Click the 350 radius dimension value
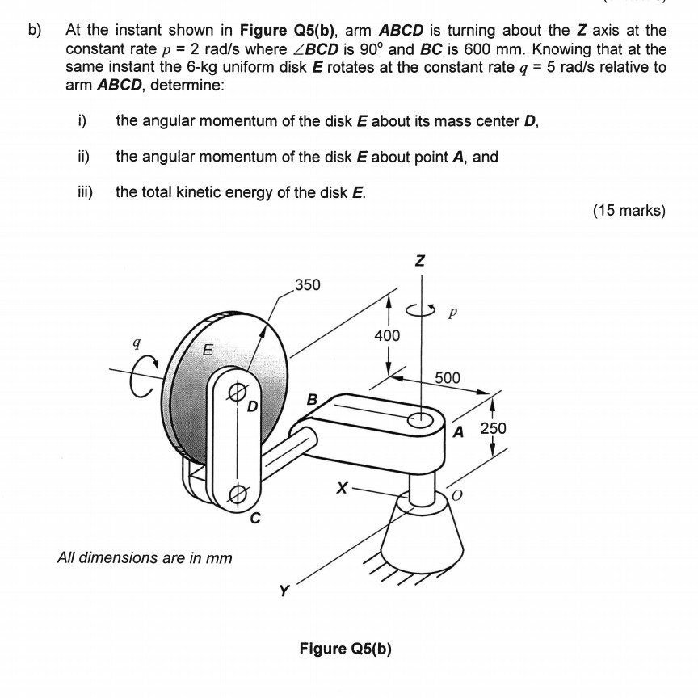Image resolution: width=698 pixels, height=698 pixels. [x=308, y=285]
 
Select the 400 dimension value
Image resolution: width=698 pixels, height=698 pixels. [x=387, y=335]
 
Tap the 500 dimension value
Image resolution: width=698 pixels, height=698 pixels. [x=448, y=378]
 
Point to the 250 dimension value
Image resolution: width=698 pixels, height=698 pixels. [x=494, y=428]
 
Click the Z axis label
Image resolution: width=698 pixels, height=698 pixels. [x=420, y=260]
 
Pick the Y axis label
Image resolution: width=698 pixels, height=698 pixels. [x=284, y=591]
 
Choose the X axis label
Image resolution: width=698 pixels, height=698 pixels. [x=342, y=488]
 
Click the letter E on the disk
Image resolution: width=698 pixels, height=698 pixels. [x=208, y=350]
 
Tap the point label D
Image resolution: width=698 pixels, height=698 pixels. [x=252, y=406]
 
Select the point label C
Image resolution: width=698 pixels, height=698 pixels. [x=254, y=518]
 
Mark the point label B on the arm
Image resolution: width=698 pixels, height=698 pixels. [x=312, y=400]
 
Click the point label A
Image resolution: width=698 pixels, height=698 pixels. [x=458, y=431]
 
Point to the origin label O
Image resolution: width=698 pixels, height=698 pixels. [x=456, y=495]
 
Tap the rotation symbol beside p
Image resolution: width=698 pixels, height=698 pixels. [x=420, y=310]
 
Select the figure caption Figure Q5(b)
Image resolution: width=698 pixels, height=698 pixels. [x=346, y=649]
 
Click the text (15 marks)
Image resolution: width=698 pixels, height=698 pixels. [x=629, y=210]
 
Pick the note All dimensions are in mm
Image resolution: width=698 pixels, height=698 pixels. [x=145, y=557]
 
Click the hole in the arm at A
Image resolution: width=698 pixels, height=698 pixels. [x=421, y=419]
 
